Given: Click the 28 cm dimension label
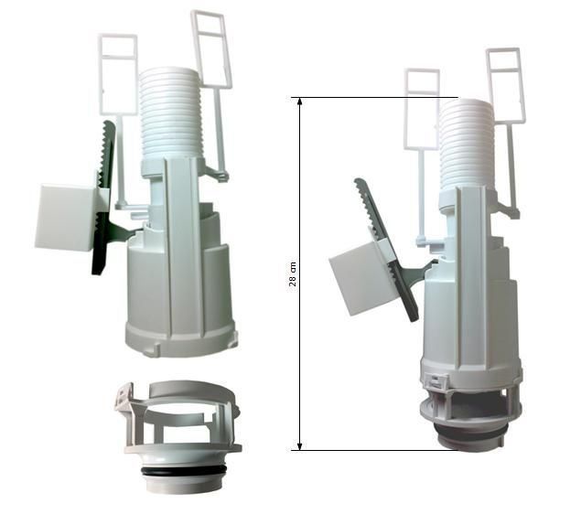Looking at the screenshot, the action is pyautogui.click(x=293, y=274).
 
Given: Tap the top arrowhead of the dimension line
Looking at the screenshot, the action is pyautogui.click(x=300, y=102).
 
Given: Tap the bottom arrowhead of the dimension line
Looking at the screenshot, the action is pyautogui.click(x=300, y=446).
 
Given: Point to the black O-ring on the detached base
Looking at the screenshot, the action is pyautogui.click(x=183, y=471).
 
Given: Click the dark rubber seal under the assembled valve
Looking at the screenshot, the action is pyautogui.click(x=469, y=433).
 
